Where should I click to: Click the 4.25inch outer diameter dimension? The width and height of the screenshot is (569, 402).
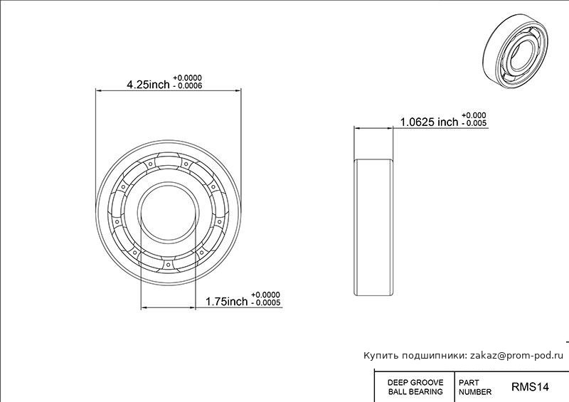(x=148, y=85)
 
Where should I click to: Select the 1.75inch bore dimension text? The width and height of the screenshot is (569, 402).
(x=226, y=302)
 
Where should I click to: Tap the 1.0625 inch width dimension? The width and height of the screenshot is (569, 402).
(x=430, y=122)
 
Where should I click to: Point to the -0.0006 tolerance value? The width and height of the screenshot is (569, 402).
(x=187, y=86)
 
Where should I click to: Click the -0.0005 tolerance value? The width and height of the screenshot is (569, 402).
(x=265, y=303)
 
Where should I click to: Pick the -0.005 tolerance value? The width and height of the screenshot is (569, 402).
(x=474, y=123)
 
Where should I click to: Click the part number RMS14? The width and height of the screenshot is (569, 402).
(x=530, y=387)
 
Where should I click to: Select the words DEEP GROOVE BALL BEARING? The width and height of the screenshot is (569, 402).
(x=415, y=387)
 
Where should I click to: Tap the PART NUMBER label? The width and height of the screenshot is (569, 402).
(x=475, y=387)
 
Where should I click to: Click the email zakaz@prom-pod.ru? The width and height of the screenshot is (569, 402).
(x=517, y=356)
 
